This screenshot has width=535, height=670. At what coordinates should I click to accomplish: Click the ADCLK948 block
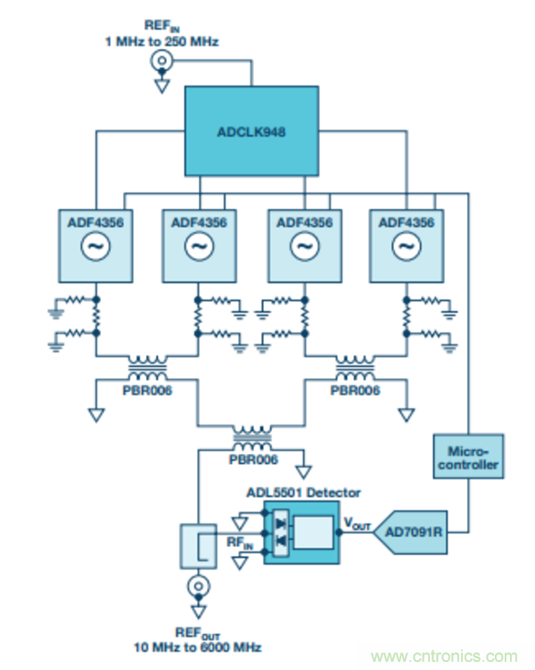coord(252,132)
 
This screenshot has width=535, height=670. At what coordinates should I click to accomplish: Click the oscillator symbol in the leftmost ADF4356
coord(96,246)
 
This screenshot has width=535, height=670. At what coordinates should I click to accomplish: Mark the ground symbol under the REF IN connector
coord(161,85)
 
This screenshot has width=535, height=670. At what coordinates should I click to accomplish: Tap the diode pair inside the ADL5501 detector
coord(282,531)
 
